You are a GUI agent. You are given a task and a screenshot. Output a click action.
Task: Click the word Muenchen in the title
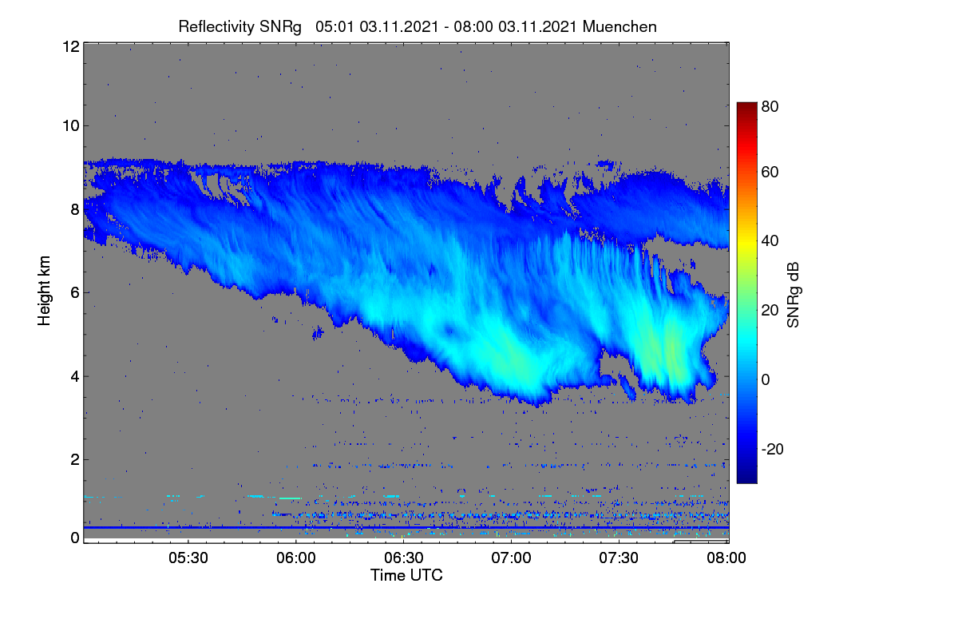620,26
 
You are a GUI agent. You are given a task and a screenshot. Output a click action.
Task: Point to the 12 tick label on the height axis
71,46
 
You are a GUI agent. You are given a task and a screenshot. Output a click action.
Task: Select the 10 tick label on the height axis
71,126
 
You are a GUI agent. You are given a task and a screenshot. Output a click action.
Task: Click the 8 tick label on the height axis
75,209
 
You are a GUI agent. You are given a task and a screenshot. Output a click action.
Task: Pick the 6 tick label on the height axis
75,293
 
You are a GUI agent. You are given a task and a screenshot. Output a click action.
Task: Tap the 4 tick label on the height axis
75,377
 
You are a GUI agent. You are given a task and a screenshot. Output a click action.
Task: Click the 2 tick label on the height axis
75,459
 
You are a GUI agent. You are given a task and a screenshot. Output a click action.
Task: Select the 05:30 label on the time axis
188,558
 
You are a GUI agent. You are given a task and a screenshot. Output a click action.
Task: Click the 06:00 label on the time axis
296,558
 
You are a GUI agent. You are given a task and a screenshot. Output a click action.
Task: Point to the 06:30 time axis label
404,558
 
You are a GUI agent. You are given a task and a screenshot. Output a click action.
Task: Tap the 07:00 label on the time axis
511,558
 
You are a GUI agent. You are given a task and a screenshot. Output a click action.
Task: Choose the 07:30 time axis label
619,558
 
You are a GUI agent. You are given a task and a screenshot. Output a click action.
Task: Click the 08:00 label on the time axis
726,558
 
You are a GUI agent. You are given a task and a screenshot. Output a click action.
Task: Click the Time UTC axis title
406,575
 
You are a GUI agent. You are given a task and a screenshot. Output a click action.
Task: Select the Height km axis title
44,291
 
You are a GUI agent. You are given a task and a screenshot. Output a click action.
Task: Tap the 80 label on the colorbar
770,106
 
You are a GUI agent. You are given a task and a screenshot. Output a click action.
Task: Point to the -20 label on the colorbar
773,449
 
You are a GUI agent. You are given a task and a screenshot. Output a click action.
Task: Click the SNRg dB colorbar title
794,295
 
